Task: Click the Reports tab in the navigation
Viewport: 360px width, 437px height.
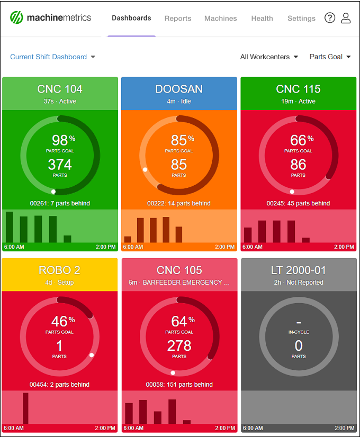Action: [x=178, y=19]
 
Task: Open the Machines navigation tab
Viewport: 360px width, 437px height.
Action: [x=221, y=19]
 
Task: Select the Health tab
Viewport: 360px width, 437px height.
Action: [x=262, y=19]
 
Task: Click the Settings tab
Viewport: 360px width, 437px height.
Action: [x=301, y=19]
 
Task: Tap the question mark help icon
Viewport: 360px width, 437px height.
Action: [x=330, y=18]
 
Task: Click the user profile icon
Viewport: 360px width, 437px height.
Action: [x=346, y=18]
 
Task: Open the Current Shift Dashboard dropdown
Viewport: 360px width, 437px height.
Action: [x=52, y=57]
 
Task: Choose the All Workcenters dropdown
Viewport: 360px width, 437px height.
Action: [x=269, y=57]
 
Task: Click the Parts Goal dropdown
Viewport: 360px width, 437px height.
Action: [x=330, y=57]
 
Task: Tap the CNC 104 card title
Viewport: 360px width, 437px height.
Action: [x=60, y=89]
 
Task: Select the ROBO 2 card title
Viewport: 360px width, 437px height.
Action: [x=60, y=270]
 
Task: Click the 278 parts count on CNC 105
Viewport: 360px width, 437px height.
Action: [x=179, y=346]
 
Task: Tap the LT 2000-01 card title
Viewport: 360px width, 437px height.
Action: [x=299, y=270]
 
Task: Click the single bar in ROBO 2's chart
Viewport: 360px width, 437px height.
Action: [x=25, y=408]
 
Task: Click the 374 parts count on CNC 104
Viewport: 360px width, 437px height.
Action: [x=60, y=165]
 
